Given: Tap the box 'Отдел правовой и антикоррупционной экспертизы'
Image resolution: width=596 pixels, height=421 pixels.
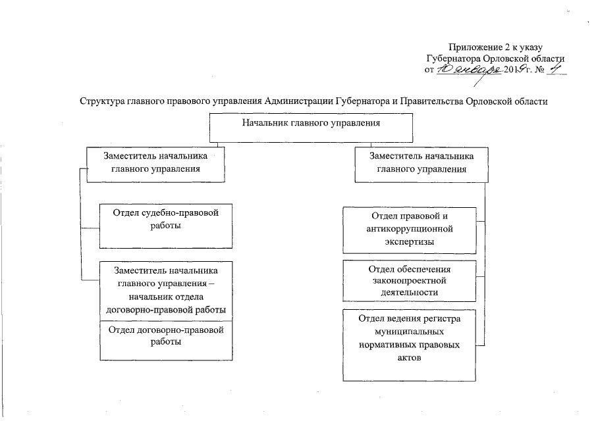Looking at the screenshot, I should tap(409, 230).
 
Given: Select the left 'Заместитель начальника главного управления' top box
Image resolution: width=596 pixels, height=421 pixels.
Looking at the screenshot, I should tap(155, 163).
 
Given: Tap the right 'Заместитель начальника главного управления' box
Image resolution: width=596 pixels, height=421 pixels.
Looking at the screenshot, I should tap(421, 163).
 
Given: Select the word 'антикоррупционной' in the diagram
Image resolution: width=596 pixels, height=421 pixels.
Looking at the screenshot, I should tap(409, 230).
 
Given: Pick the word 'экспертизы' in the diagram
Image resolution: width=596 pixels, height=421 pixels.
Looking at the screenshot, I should tap(409, 242).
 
